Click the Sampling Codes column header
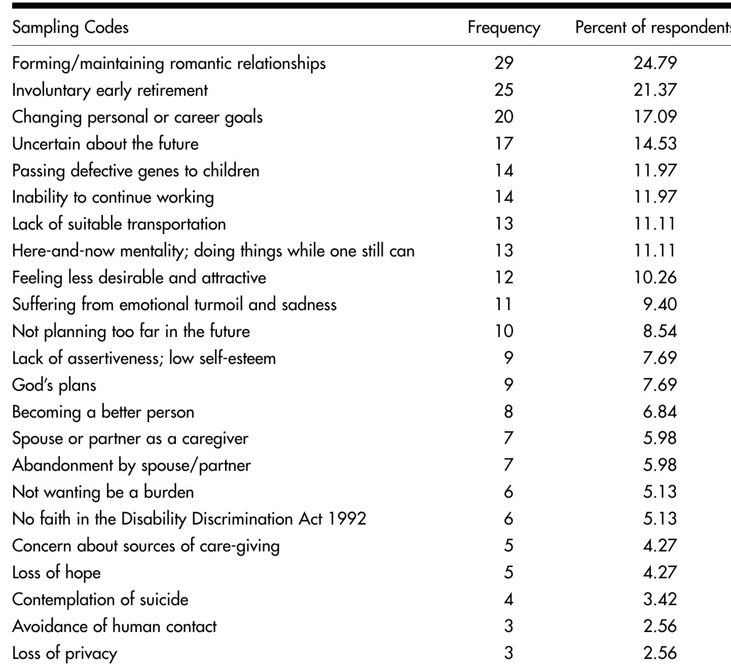[x=70, y=27]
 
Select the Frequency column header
[x=503, y=27]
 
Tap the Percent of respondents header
[x=653, y=27]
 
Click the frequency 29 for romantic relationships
[x=503, y=63]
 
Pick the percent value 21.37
[x=655, y=90]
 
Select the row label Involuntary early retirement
[x=110, y=90]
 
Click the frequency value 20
[x=503, y=117]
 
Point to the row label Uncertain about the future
[x=105, y=143]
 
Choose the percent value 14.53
[x=655, y=143]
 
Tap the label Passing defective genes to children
[x=136, y=170]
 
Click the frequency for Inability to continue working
[x=503, y=197]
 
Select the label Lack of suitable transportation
[x=119, y=224]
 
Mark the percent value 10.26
[x=655, y=278]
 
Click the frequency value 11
[x=503, y=305]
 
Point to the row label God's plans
[x=54, y=385]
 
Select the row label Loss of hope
[x=56, y=573]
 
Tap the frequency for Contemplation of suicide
[x=508, y=600]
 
